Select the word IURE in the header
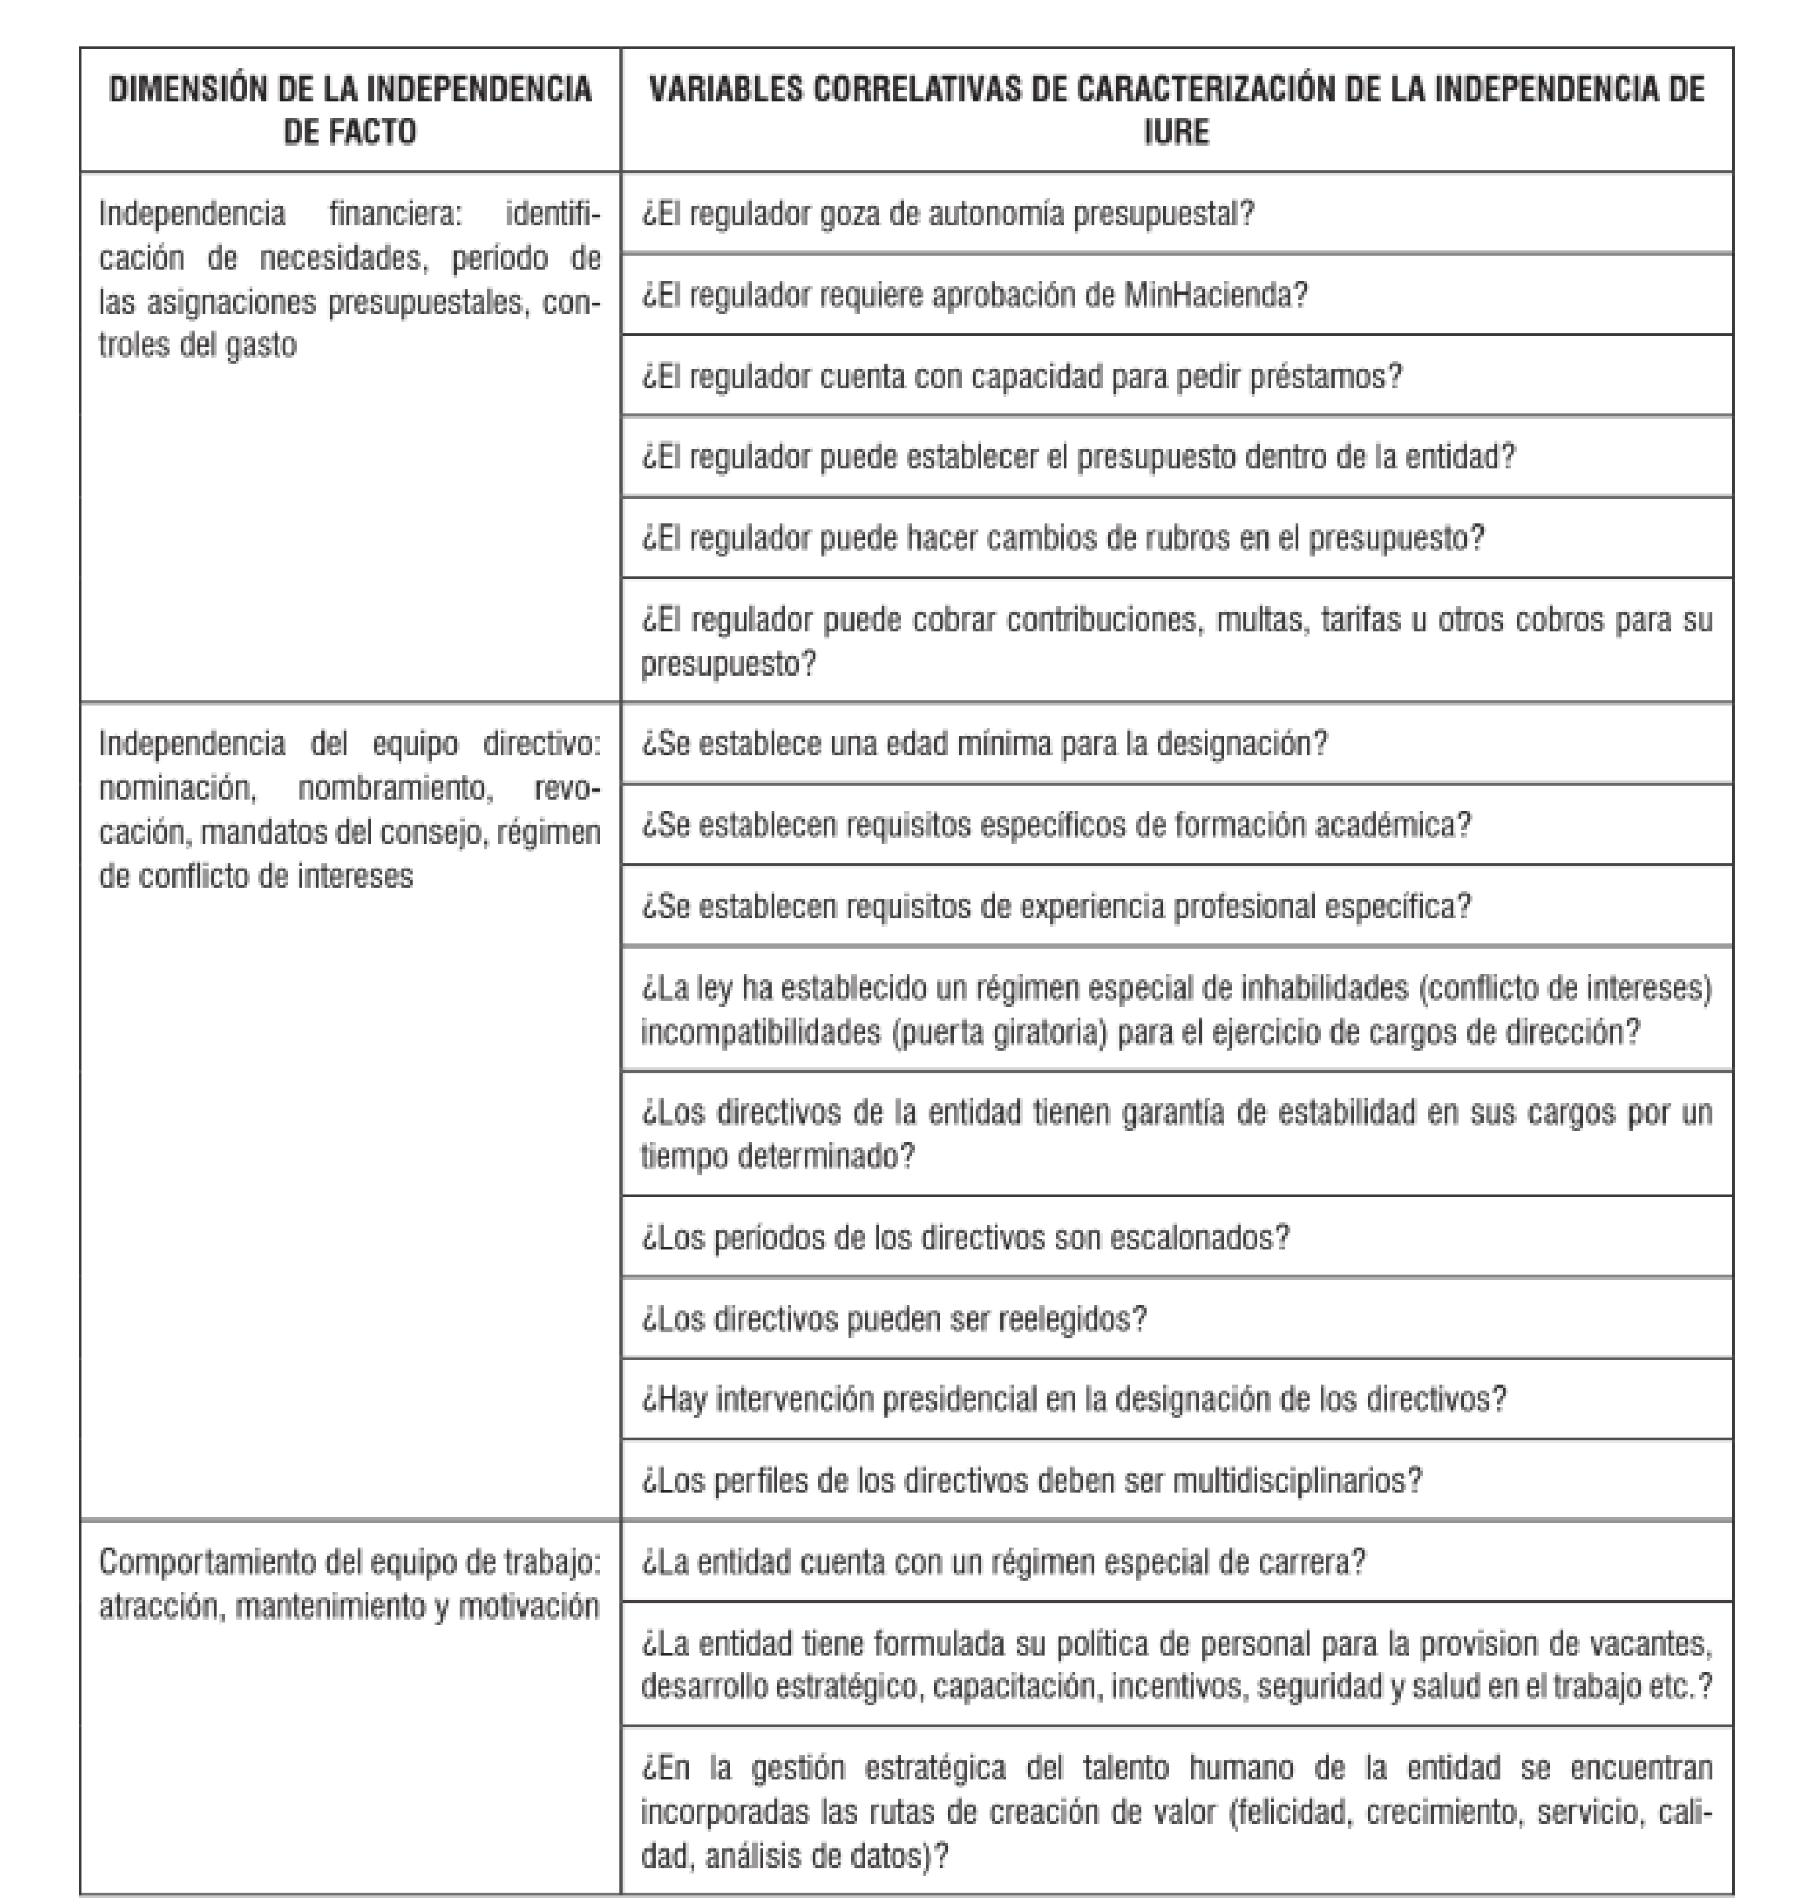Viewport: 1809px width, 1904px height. click(x=1176, y=131)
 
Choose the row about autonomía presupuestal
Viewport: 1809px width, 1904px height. click(x=948, y=214)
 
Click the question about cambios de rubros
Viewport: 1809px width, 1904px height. click(x=1062, y=538)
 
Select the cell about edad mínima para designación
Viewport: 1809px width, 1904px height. click(x=984, y=744)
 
